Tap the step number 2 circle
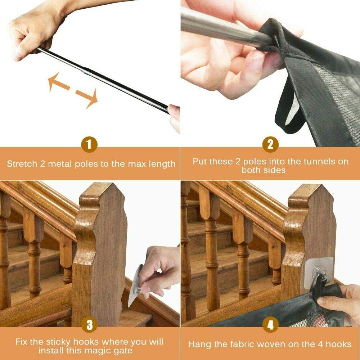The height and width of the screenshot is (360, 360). (x=270, y=145)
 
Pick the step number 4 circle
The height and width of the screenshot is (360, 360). (x=270, y=325)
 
